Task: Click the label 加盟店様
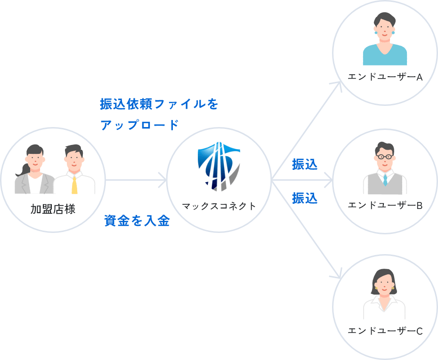pos(53,209)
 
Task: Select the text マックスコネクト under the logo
pos(219,206)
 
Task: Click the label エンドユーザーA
pos(385,77)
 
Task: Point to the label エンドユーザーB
pos(385,205)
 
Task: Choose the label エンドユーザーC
pos(385,331)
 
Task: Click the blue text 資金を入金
pos(137,221)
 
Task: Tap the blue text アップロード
pos(139,125)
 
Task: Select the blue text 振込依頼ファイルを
pos(159,104)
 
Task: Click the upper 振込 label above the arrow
pos(305,165)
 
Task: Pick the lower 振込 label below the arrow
pos(305,198)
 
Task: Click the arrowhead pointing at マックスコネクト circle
pos(163,179)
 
